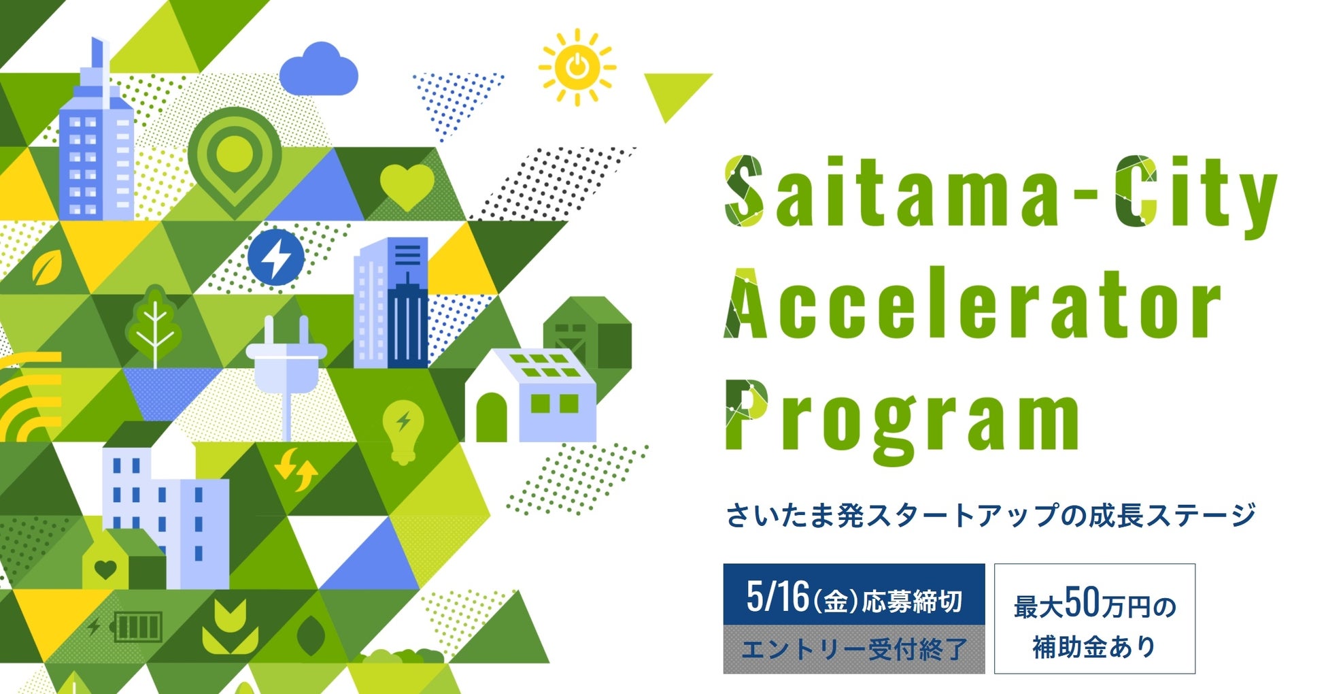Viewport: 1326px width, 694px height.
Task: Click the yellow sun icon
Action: tap(577, 67)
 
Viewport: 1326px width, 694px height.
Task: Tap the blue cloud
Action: tap(318, 69)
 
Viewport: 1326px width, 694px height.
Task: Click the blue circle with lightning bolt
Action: tap(275, 257)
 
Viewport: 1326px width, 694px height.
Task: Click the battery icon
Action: tap(137, 627)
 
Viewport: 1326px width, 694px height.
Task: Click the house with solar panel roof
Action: tap(530, 395)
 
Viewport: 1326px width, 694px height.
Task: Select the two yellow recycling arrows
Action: tap(296, 469)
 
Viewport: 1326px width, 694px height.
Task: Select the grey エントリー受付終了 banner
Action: tap(854, 650)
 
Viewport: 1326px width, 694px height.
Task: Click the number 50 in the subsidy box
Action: tap(1082, 601)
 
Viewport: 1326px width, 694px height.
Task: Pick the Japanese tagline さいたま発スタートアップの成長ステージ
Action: tap(991, 515)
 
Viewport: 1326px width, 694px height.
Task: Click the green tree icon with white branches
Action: tap(154, 327)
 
